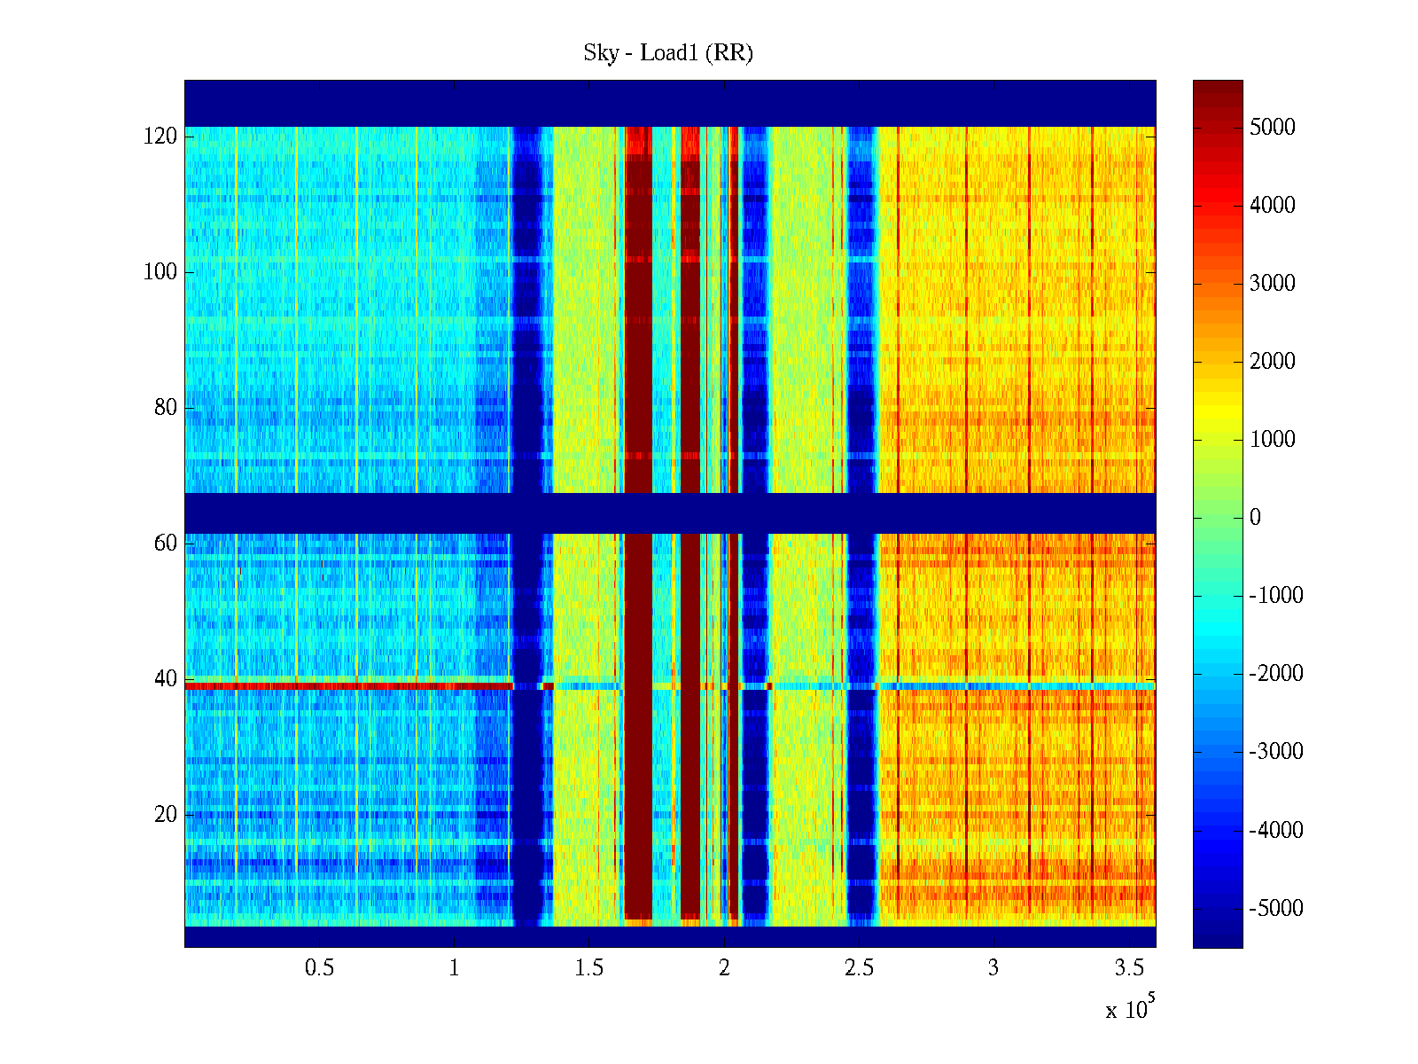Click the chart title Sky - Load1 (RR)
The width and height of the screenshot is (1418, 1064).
[668, 53]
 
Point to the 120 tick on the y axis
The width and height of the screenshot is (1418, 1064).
[160, 137]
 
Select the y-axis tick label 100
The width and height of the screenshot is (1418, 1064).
[160, 272]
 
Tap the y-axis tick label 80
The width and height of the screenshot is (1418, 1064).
[166, 408]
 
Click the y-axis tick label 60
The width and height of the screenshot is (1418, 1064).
[166, 544]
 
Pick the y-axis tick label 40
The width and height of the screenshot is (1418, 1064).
[166, 679]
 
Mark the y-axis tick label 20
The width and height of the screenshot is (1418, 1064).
[166, 815]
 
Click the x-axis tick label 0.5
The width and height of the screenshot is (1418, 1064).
[320, 968]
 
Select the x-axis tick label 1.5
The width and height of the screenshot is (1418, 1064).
[589, 968]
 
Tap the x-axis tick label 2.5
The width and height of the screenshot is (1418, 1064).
[859, 968]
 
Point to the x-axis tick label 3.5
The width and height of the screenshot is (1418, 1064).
[1128, 968]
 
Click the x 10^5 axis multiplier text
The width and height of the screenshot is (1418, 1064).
[1129, 1008]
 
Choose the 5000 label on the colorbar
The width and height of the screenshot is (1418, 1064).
[1273, 128]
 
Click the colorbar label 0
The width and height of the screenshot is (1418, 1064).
[1255, 518]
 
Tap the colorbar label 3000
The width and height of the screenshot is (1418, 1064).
[1273, 284]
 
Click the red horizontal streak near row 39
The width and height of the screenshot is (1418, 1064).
[346, 685]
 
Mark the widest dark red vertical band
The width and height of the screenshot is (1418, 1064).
[638, 355]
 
